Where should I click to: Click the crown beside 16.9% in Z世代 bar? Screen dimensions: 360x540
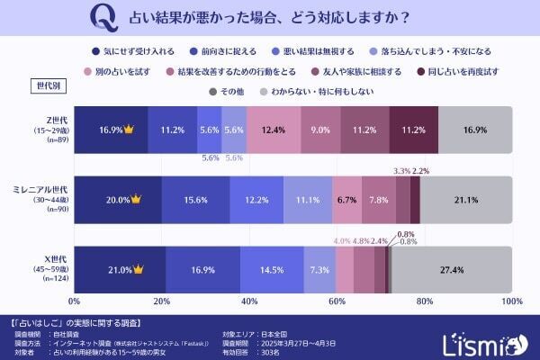pyautogui.click(x=128, y=129)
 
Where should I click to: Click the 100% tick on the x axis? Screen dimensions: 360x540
pyautogui.click(x=510, y=301)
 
